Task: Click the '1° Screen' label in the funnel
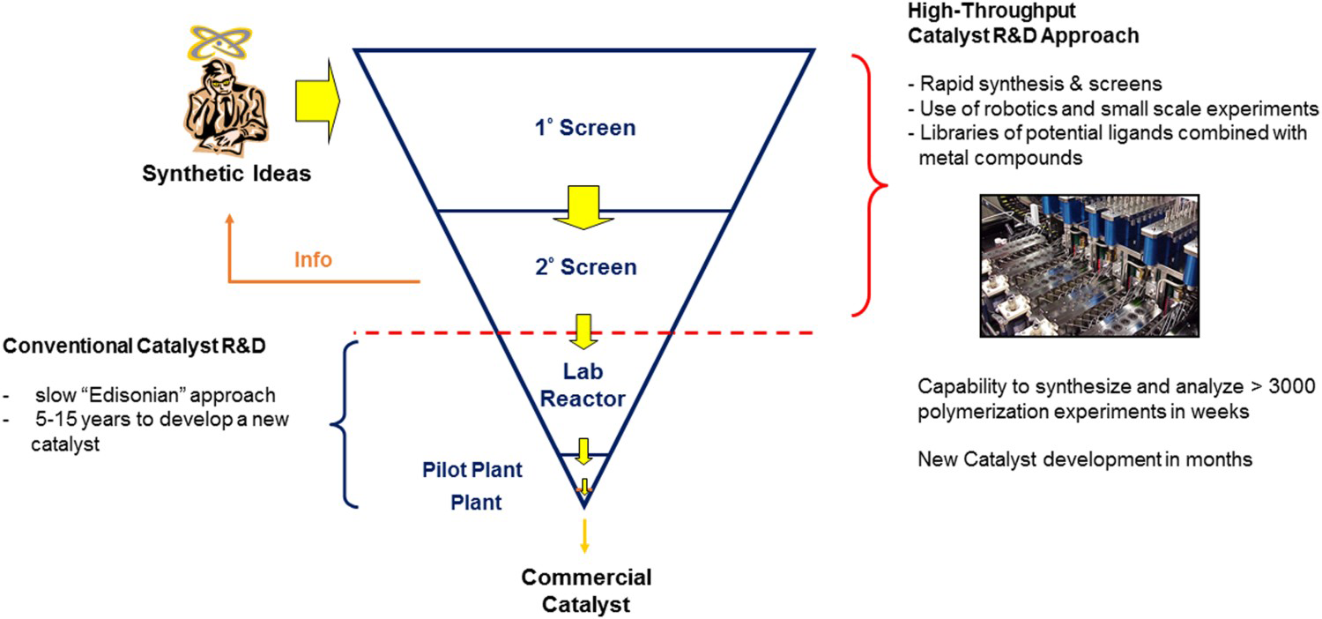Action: point(585,128)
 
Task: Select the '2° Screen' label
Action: point(586,267)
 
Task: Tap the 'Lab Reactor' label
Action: point(583,385)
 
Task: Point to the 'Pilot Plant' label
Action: point(472,470)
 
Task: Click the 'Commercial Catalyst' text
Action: point(586,591)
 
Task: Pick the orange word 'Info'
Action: point(313,259)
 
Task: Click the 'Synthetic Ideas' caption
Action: point(227,174)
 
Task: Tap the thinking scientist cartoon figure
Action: point(226,108)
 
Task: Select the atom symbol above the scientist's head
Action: point(219,42)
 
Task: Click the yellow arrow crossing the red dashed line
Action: point(583,332)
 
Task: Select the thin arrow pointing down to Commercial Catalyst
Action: point(584,536)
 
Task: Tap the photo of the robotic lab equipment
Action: point(1089,265)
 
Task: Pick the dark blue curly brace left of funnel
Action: point(344,424)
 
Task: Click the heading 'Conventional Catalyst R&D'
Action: point(134,347)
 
